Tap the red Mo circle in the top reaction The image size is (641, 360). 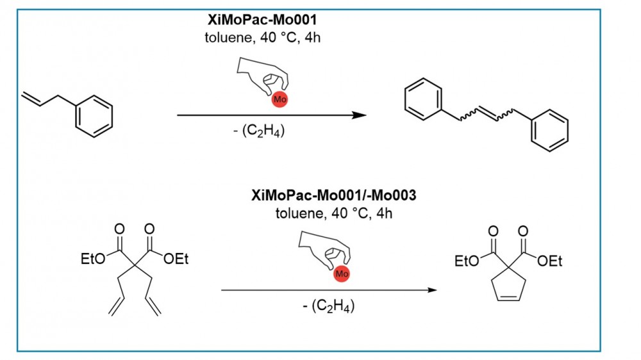click(x=279, y=99)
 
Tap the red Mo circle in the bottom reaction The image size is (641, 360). click(x=342, y=274)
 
